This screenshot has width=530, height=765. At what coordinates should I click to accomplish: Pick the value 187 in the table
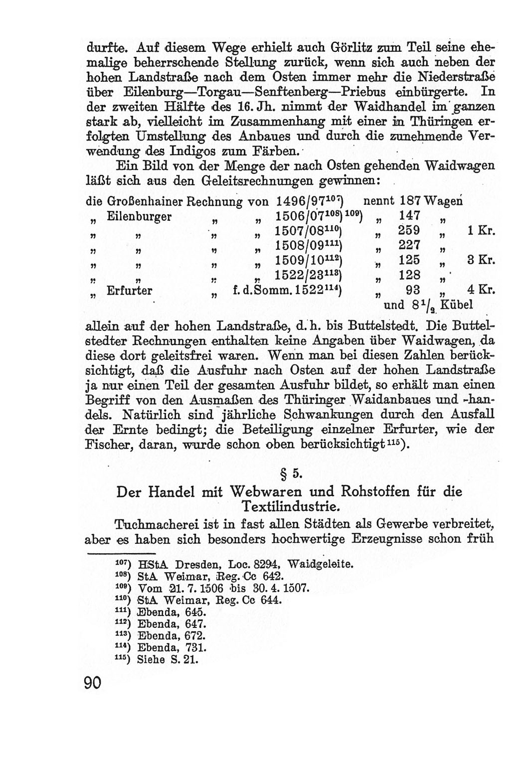(x=410, y=201)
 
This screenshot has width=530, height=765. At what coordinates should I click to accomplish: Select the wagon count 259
(x=409, y=231)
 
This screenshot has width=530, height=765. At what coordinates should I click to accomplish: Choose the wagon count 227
(x=409, y=246)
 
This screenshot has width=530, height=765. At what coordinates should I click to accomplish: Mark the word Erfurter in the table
(x=130, y=291)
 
